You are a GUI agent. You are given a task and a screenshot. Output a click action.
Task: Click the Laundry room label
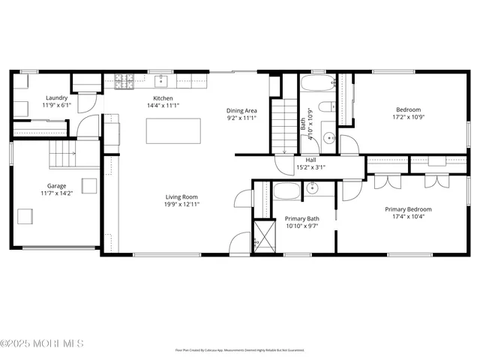[x=57, y=98]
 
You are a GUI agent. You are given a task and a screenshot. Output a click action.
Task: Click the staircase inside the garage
[x=63, y=157]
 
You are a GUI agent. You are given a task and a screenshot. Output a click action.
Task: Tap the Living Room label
[x=181, y=197]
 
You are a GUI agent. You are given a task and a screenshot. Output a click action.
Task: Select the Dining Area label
[x=241, y=111]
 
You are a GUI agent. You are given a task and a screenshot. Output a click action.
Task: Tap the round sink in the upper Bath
[x=328, y=137]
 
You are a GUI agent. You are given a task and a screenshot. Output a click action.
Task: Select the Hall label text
[x=310, y=160]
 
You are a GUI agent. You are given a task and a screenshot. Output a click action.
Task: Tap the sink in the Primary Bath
[x=313, y=189]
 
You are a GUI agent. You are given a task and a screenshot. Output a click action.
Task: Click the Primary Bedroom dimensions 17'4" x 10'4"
[x=409, y=217]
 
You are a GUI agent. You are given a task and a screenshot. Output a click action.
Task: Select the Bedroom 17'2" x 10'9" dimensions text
[x=408, y=117]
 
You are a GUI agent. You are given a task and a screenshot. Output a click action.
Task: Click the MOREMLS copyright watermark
[x=43, y=343]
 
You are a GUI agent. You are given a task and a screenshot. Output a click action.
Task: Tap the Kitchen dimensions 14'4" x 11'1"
[x=163, y=106]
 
